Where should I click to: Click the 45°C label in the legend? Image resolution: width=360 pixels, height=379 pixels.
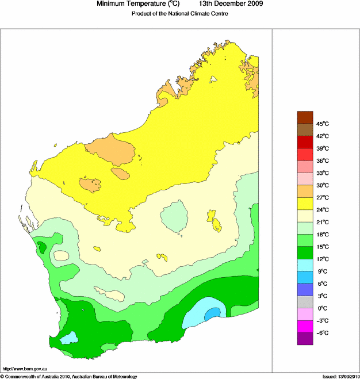[x=321, y=124]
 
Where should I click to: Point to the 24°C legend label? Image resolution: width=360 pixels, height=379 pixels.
[x=321, y=210]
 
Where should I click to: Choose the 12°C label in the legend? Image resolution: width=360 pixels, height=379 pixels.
[x=321, y=259]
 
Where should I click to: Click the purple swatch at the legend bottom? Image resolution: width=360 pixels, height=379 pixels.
[x=304, y=339]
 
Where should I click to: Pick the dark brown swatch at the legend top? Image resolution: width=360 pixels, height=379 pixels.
[x=304, y=117]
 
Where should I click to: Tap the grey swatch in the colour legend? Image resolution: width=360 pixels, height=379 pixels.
[x=304, y=302]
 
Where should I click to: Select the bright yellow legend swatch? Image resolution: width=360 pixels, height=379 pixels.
[x=304, y=204]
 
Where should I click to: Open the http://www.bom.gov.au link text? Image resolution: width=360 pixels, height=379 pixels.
[x=25, y=369]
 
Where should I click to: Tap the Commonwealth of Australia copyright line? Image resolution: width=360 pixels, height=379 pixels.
[x=69, y=376]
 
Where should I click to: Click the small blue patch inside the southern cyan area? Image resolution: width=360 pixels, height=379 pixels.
[x=212, y=312]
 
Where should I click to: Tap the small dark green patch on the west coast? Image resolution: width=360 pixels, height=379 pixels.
[x=41, y=247]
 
